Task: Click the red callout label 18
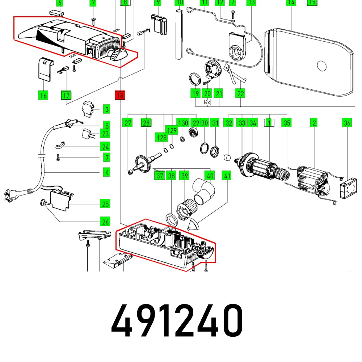point(119,96)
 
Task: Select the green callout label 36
point(347,123)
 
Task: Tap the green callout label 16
point(43,96)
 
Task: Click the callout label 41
point(227,176)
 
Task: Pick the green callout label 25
point(105,204)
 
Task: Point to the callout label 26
point(105,220)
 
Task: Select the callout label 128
point(162,137)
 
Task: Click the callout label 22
point(240,94)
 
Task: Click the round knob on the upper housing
point(118,55)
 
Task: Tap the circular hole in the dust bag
point(321,66)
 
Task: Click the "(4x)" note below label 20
point(207,102)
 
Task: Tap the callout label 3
point(106,109)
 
